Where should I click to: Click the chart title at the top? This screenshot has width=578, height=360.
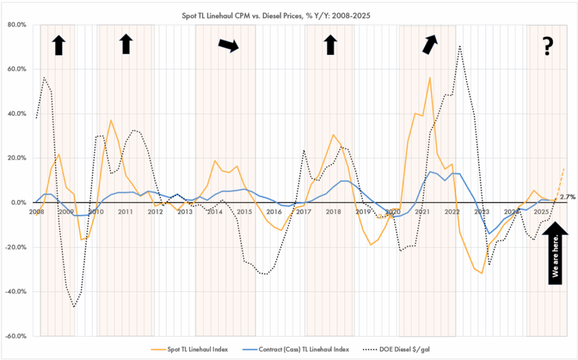coord(288,15)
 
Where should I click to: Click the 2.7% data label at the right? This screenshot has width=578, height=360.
coord(567,197)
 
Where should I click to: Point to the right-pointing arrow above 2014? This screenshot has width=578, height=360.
coord(229,46)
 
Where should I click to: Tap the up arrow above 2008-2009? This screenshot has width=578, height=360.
coord(58,45)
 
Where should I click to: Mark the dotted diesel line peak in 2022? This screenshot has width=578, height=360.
coord(460,46)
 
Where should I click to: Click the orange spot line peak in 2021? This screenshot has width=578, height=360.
coord(430,77)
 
